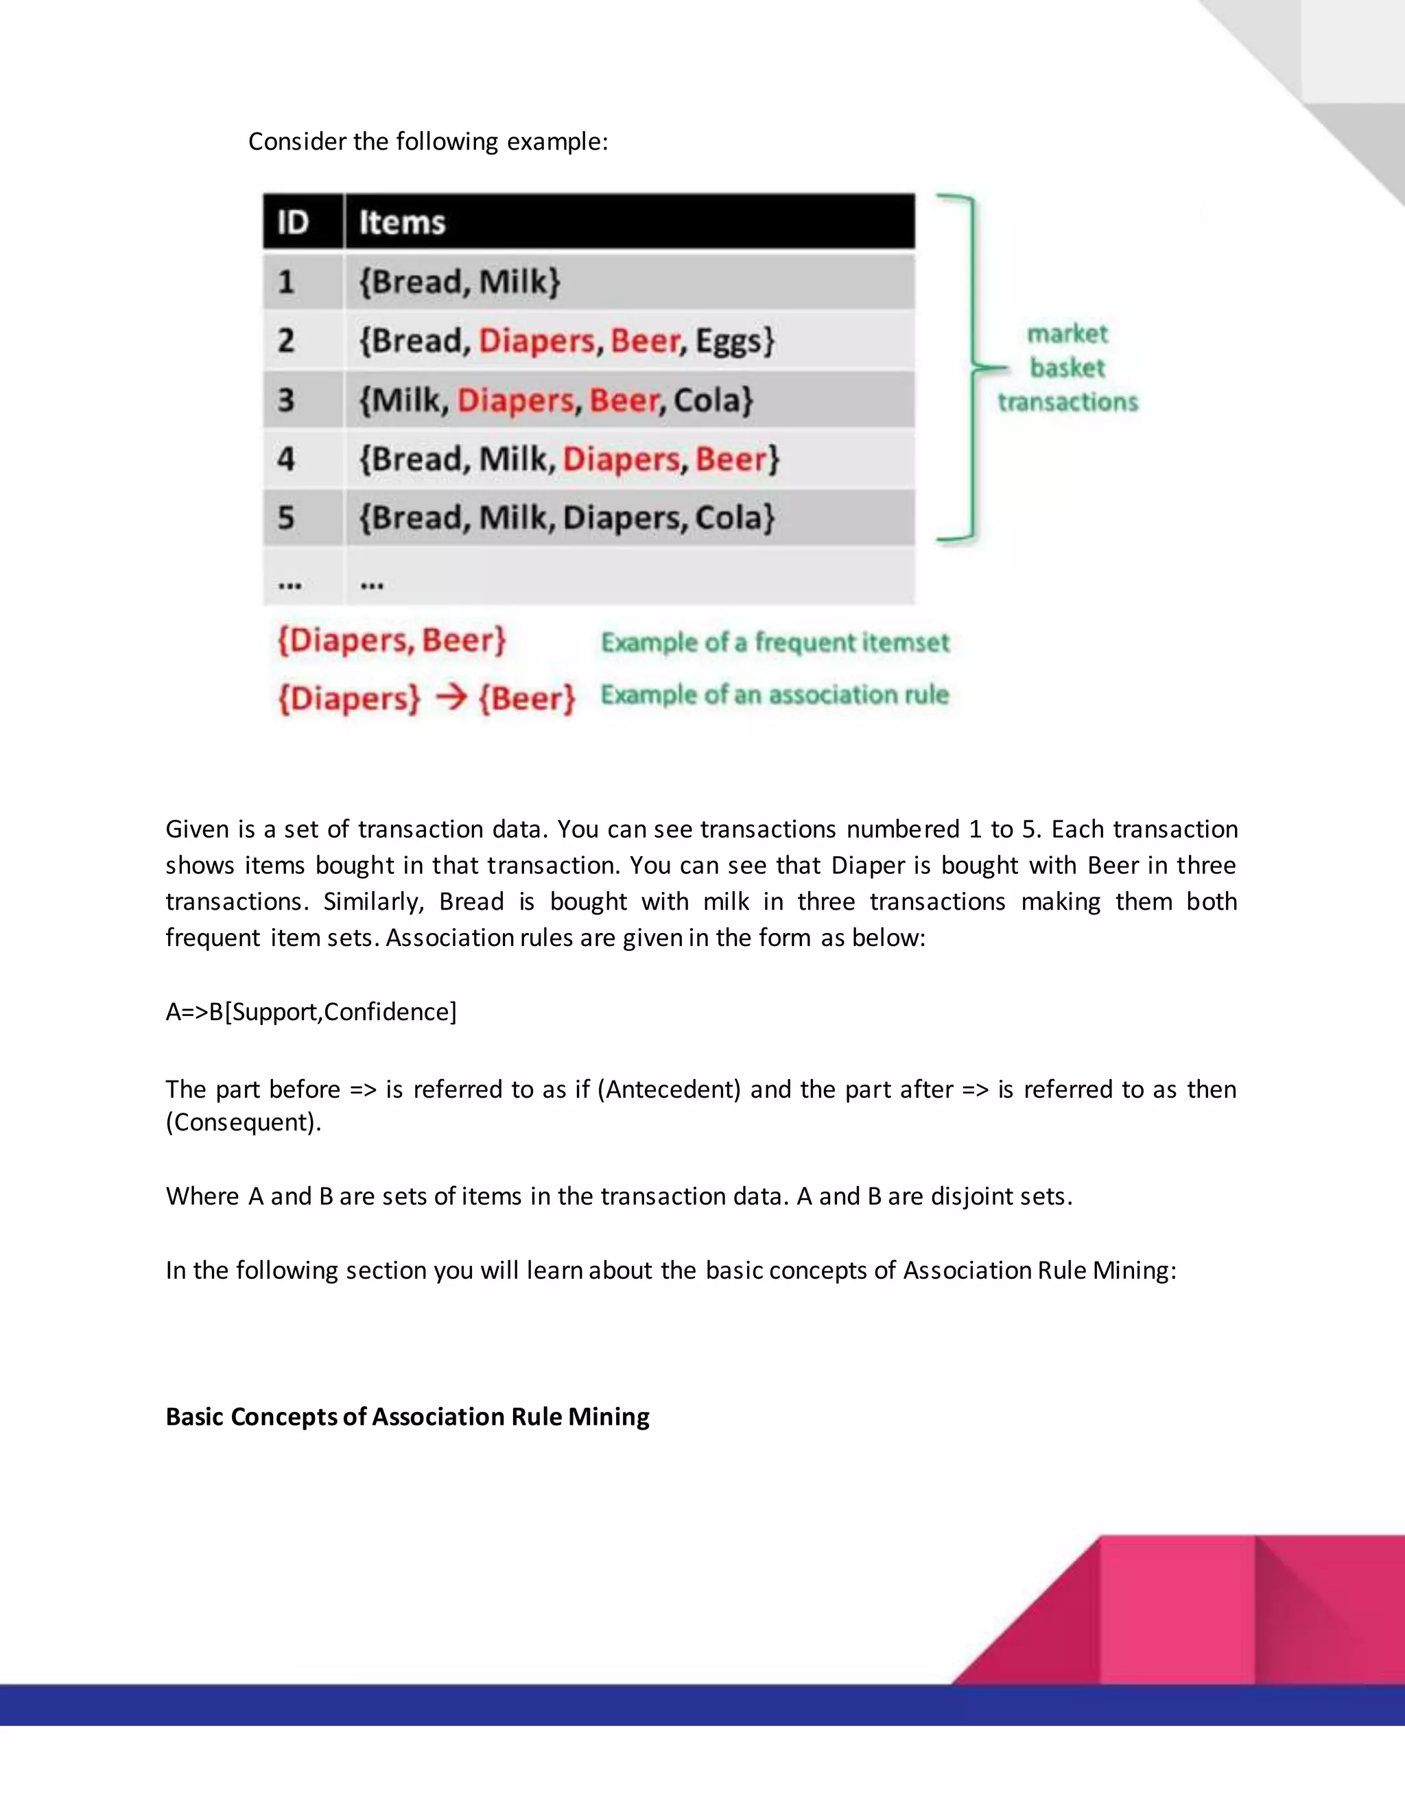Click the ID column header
coord(293,222)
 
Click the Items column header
coord(402,222)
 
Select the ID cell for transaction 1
coord(286,282)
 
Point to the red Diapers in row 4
coord(621,460)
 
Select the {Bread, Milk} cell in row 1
coord(460,282)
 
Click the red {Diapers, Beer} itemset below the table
coord(391,641)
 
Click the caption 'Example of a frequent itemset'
coord(775,643)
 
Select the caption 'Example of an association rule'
coord(775,695)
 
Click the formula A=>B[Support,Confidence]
coord(311,1012)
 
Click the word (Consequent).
coord(243,1123)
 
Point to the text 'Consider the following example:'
coord(428,141)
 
